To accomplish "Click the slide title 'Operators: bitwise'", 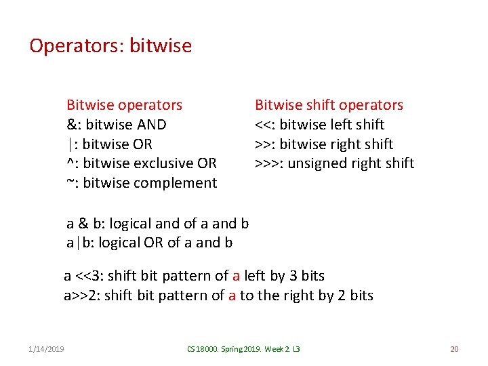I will tap(110, 46).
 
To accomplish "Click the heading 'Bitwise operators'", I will tap(124, 105).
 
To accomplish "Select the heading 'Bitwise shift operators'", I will tap(329, 105).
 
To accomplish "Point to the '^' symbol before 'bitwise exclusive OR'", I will tap(69, 163).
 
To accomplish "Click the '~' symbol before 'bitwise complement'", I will tap(70, 183).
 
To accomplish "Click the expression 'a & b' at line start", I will tap(85, 224).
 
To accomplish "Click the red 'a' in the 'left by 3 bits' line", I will tap(236, 276).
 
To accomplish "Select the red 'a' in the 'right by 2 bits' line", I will tap(232, 296).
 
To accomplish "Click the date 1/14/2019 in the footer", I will tap(47, 349).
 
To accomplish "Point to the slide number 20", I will tap(454, 349).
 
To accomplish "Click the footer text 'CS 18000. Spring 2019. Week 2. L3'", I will tap(243, 349).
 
